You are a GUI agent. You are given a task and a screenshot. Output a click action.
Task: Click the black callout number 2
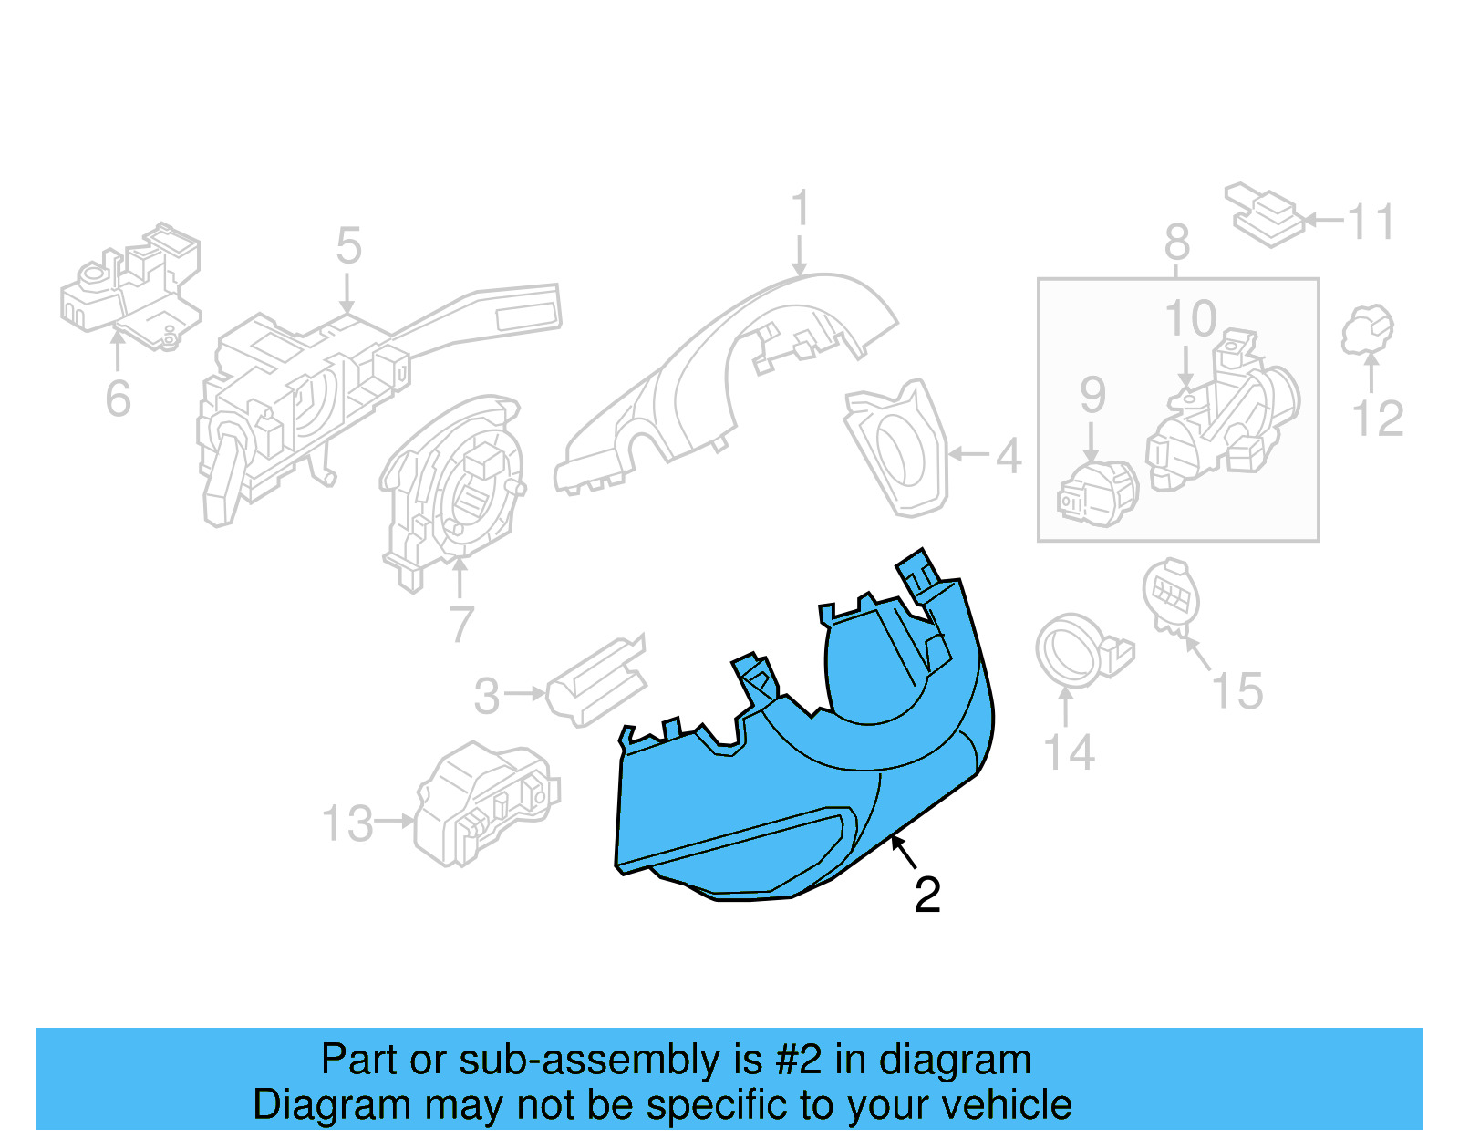tap(926, 896)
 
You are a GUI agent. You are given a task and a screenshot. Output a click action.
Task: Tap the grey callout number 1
tap(800, 209)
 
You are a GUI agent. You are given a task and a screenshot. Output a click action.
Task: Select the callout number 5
tap(348, 246)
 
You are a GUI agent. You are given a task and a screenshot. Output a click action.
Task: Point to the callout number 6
tap(118, 399)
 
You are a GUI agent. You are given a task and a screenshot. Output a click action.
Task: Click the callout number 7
tap(461, 625)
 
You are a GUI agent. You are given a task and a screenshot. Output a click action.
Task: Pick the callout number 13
tap(348, 823)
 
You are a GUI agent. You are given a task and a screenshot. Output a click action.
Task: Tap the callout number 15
tap(1237, 691)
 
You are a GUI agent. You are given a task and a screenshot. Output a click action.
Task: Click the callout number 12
tap(1377, 419)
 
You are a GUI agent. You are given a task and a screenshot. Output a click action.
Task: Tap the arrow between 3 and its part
tap(525, 694)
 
